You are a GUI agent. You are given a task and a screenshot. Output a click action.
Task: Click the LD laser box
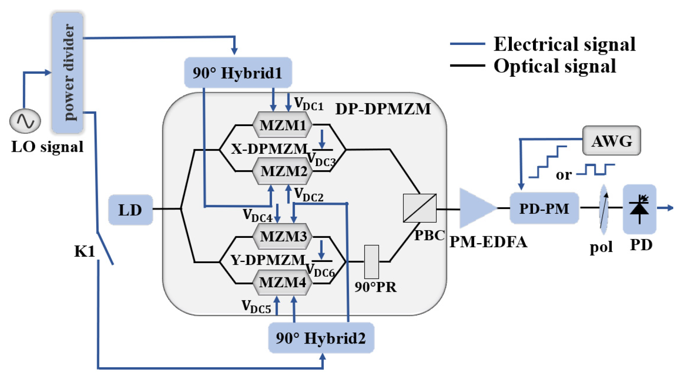coord(130,210)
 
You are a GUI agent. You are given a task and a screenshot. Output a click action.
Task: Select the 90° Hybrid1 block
coord(238,73)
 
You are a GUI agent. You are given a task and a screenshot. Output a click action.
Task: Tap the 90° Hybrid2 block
coord(321,338)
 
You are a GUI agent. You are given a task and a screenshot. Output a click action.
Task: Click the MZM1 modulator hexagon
coord(283,125)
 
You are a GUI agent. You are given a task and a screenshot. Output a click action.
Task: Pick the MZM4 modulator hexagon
coord(282,282)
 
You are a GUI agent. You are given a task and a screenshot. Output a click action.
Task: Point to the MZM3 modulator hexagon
coord(283,236)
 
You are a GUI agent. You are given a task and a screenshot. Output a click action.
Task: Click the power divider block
coord(68,72)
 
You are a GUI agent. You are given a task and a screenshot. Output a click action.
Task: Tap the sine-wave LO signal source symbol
coord(25,121)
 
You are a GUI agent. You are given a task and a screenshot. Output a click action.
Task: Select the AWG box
coord(611,141)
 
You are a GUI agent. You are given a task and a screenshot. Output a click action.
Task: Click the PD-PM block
coord(544,208)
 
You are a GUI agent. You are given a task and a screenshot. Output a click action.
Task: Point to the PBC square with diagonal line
coord(420,208)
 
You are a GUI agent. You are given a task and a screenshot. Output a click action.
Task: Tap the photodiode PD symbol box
coord(639,209)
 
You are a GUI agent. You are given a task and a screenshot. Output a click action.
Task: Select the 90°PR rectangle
coord(371,262)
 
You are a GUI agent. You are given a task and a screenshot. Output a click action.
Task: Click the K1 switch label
coord(84,251)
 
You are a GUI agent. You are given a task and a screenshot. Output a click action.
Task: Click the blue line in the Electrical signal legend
coord(467,44)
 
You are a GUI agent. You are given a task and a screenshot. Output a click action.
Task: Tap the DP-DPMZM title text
coord(383,109)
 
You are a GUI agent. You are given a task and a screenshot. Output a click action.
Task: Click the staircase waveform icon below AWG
coord(548,162)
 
